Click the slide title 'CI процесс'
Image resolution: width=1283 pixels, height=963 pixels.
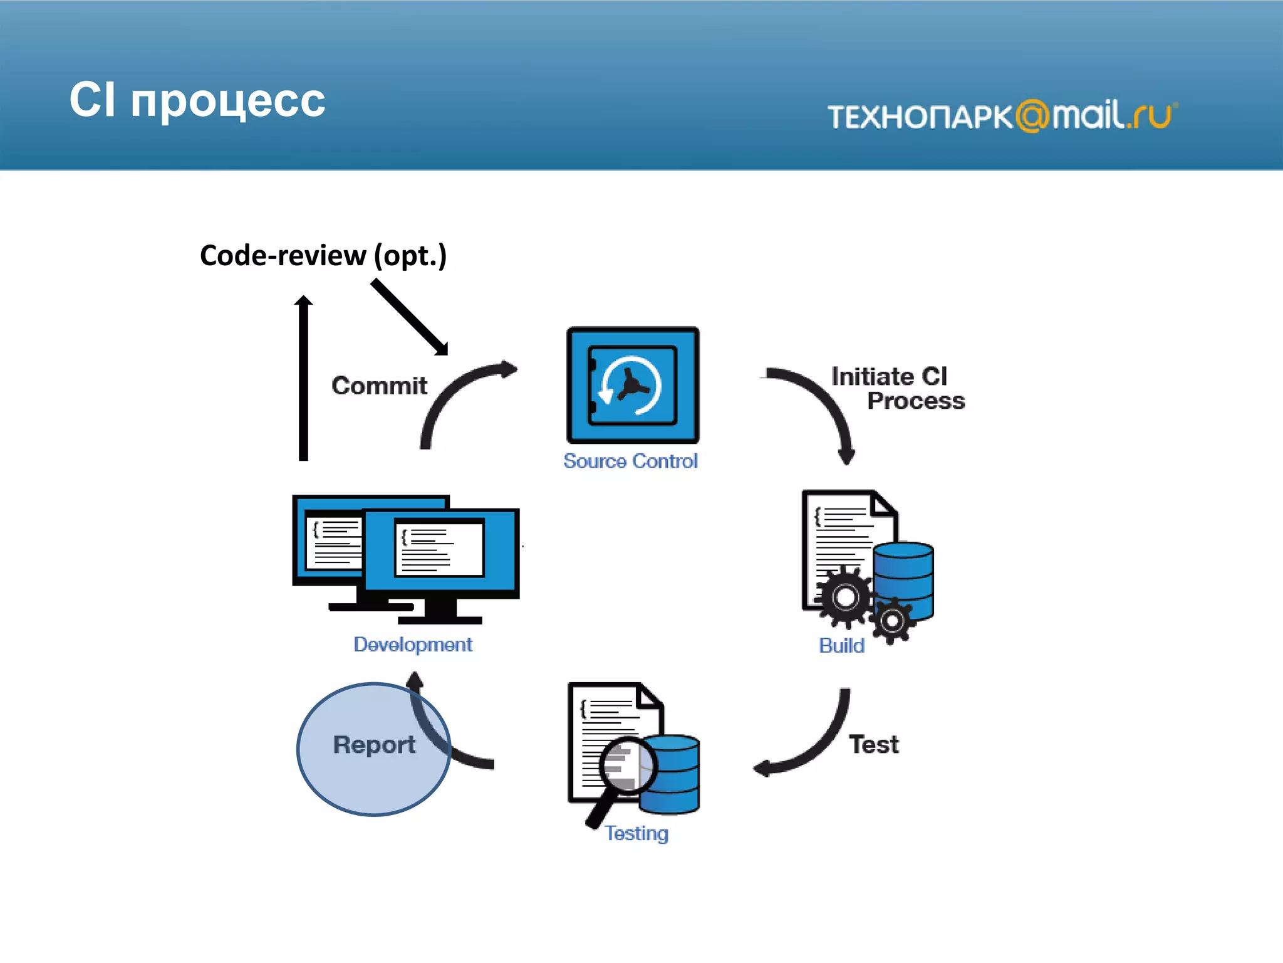click(x=197, y=100)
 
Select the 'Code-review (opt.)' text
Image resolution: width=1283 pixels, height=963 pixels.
click(x=323, y=255)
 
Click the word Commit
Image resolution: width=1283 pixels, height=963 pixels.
click(x=379, y=386)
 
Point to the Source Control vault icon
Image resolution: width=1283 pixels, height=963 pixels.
click(x=633, y=385)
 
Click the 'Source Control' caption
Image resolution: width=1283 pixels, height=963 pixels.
click(x=630, y=461)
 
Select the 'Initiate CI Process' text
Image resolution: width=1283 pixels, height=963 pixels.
click(x=897, y=389)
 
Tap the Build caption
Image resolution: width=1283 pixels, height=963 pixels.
click(x=841, y=645)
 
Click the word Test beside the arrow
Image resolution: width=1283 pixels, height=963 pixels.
click(x=873, y=744)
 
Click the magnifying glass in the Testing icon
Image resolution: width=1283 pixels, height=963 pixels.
click(x=626, y=766)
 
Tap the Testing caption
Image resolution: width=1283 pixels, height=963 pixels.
click(x=636, y=833)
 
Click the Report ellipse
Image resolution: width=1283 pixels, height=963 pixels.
click(x=373, y=749)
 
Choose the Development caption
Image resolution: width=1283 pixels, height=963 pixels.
click(x=413, y=645)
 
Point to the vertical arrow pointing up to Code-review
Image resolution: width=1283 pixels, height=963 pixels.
click(x=303, y=379)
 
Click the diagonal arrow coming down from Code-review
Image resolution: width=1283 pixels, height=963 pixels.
click(x=410, y=317)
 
